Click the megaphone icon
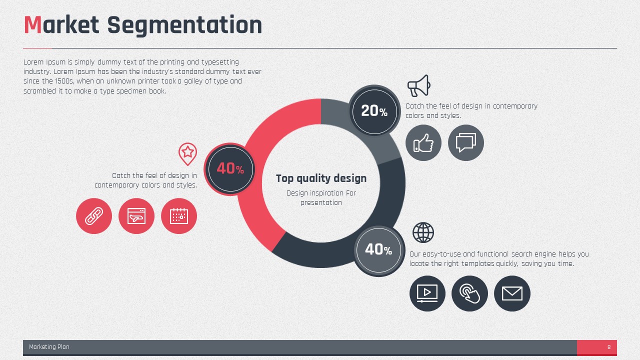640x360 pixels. point(419,85)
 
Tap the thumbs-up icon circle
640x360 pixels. point(423,142)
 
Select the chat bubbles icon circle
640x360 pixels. point(466,142)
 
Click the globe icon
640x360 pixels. point(423,232)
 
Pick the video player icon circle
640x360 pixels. point(427,293)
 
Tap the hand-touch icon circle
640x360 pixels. point(469,293)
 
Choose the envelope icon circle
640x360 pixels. point(512,293)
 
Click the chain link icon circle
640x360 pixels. point(94,216)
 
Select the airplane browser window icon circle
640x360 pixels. point(136,216)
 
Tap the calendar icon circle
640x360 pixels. point(179,216)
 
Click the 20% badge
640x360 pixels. point(374,111)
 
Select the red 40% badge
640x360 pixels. point(230,169)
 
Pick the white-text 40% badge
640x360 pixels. point(379,250)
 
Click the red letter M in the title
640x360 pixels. point(33,25)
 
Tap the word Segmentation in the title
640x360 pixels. point(184,25)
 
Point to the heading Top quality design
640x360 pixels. point(321,178)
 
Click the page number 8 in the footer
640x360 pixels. point(609,347)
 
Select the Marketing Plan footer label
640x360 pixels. point(49,347)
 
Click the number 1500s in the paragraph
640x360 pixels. point(65,81)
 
